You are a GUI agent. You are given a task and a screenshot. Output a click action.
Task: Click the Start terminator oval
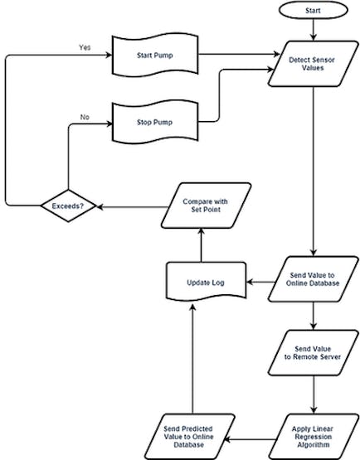pyautogui.click(x=313, y=10)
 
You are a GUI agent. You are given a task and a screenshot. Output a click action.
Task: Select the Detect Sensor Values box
pyautogui.click(x=313, y=64)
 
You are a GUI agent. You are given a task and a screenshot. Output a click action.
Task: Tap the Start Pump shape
pyautogui.click(x=155, y=56)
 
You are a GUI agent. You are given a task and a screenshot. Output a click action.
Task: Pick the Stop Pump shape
pyautogui.click(x=155, y=122)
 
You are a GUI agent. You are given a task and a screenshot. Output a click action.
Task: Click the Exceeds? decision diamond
pyautogui.click(x=68, y=206)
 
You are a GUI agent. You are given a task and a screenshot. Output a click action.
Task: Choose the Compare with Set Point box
pyautogui.click(x=206, y=206)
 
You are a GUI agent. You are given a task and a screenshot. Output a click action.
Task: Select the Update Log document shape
pyautogui.click(x=206, y=282)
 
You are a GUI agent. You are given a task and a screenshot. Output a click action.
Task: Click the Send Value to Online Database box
pyautogui.click(x=313, y=279)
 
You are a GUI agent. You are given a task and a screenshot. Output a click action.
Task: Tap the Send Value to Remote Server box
pyautogui.click(x=313, y=352)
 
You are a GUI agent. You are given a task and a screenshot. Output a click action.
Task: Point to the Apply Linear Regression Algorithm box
pyautogui.click(x=313, y=437)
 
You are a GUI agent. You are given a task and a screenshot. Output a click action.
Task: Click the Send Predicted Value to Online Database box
pyautogui.click(x=189, y=437)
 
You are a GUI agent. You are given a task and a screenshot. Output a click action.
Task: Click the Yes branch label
pyautogui.click(x=85, y=47)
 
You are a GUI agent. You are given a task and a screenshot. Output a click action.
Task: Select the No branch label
pyautogui.click(x=85, y=117)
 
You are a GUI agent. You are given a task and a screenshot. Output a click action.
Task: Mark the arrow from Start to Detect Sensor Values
pyautogui.click(x=314, y=30)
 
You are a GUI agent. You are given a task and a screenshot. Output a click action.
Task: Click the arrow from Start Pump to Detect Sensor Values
pyautogui.click(x=239, y=54)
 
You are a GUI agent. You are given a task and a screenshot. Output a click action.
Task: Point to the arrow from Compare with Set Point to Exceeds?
pyautogui.click(x=133, y=207)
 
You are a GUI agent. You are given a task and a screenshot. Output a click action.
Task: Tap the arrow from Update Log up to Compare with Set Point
pyautogui.click(x=201, y=245)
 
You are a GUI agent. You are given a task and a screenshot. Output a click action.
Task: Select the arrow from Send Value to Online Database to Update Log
pyautogui.click(x=261, y=283)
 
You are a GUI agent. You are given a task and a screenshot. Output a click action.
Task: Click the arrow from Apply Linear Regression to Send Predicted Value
pyautogui.click(x=251, y=439)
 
